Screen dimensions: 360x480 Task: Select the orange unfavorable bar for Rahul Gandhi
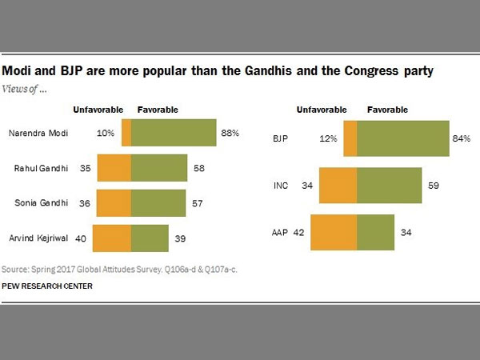[x=114, y=169]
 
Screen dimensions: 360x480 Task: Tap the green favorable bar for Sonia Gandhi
[x=158, y=203]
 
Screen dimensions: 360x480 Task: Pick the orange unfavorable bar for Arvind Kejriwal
[x=112, y=238]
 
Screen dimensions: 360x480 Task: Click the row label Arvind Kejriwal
[x=35, y=238]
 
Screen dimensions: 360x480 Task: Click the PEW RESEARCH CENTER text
[x=47, y=286]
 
